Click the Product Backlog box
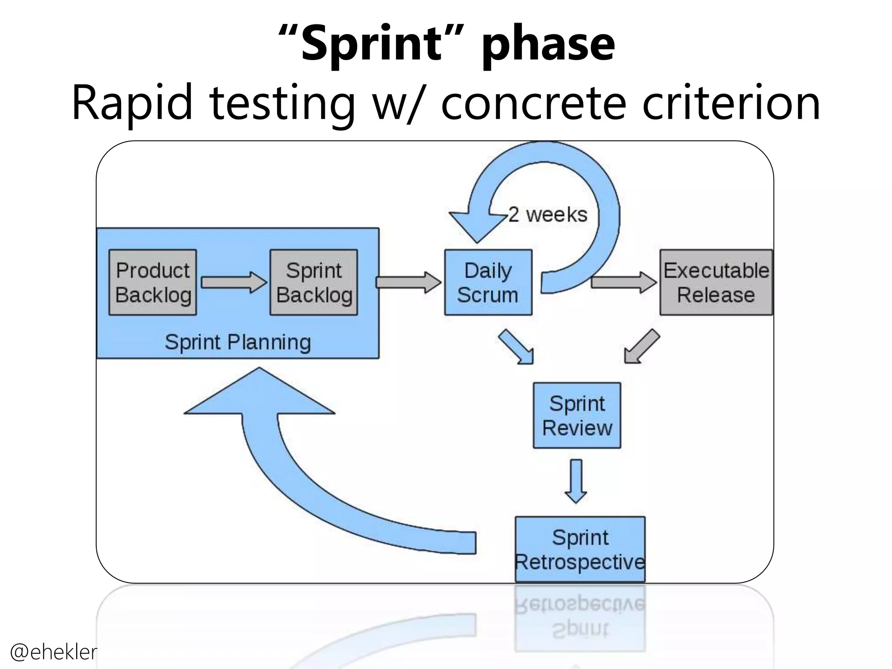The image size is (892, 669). pyautogui.click(x=152, y=282)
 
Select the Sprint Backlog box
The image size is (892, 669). pyautogui.click(x=314, y=282)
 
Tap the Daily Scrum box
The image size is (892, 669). pyautogui.click(x=488, y=282)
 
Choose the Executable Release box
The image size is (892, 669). pyautogui.click(x=716, y=282)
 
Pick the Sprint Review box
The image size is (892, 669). pyautogui.click(x=577, y=415)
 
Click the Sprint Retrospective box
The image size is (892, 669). pyautogui.click(x=580, y=549)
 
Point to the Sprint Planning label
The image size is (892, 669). pyautogui.click(x=238, y=342)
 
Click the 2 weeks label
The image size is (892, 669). pyautogui.click(x=548, y=215)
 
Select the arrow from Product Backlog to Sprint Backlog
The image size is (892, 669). pyautogui.click(x=233, y=282)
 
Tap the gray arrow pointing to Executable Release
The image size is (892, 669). pyautogui.click(x=623, y=282)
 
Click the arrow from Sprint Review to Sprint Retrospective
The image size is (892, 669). pyautogui.click(x=576, y=481)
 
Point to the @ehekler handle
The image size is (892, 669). pyautogui.click(x=53, y=652)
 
